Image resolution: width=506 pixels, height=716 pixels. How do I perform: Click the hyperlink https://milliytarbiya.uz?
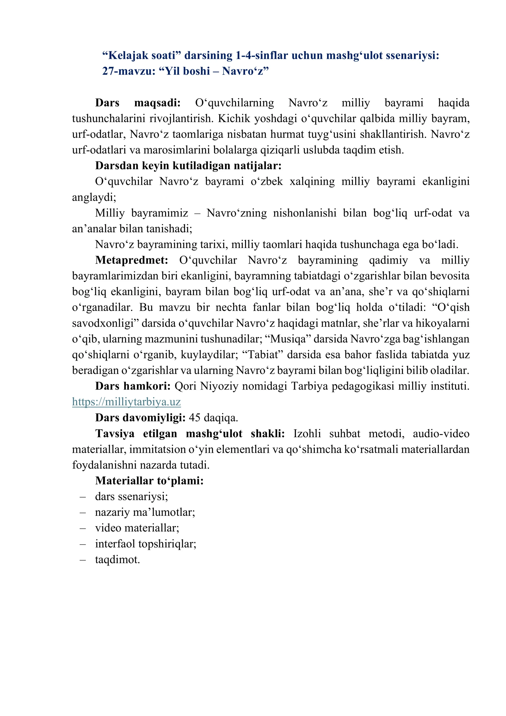(x=126, y=402)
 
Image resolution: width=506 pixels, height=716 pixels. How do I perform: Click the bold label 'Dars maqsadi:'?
(x=138, y=103)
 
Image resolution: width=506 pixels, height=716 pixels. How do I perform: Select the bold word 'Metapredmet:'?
(x=132, y=260)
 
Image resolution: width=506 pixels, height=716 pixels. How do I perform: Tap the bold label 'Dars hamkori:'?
(x=133, y=386)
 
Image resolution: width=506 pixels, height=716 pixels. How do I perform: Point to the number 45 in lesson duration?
(x=195, y=418)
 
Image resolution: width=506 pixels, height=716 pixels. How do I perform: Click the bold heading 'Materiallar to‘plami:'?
(x=149, y=481)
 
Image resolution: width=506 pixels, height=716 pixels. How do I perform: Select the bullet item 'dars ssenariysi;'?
(x=131, y=496)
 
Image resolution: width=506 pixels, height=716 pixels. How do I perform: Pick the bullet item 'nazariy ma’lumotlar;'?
(x=145, y=512)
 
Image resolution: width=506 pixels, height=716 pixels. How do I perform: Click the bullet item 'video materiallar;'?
(x=137, y=528)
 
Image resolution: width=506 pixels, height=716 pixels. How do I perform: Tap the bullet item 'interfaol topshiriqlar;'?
(x=145, y=544)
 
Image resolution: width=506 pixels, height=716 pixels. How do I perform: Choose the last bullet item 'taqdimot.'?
(x=117, y=560)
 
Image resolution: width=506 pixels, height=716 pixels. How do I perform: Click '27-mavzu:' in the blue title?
(x=129, y=71)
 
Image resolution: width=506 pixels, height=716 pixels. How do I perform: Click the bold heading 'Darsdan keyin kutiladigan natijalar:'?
(x=188, y=165)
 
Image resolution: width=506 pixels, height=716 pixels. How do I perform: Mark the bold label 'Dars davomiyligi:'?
(x=140, y=418)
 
